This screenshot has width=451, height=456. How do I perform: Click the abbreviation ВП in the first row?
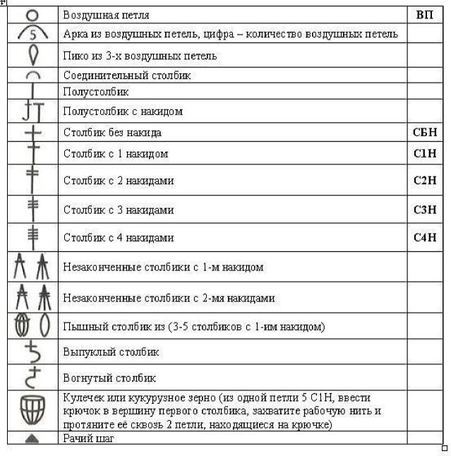point(425,14)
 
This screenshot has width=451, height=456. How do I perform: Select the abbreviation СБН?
point(425,132)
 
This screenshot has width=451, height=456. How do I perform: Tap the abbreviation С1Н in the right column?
point(425,153)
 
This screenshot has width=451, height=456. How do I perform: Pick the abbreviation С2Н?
point(425,181)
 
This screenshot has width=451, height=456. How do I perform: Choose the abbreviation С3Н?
point(425,210)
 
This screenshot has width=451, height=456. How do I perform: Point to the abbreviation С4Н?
point(425,238)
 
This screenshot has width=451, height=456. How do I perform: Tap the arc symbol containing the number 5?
point(33,33)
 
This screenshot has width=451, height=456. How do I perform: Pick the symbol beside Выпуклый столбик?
point(33,351)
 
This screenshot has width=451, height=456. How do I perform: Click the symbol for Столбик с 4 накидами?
point(33,236)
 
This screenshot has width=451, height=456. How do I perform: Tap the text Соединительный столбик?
point(127,75)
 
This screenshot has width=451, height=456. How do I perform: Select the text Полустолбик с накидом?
point(123,111)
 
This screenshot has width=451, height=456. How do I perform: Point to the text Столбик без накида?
point(112,132)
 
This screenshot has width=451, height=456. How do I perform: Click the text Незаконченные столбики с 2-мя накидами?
point(169,298)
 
